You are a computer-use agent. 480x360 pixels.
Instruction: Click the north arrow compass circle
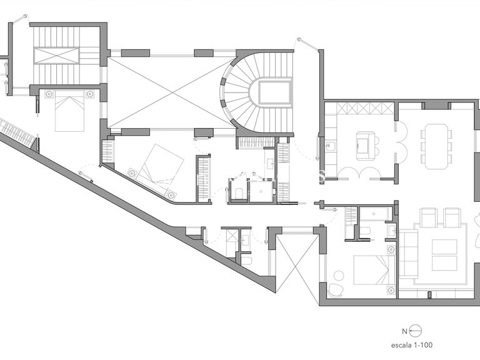[x=416, y=331]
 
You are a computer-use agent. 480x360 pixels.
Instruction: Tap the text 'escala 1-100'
[x=412, y=345]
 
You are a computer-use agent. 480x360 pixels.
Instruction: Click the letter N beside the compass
[x=405, y=331]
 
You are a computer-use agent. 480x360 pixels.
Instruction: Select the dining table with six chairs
[x=436, y=146]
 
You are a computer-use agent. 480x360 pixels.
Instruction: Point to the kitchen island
[x=365, y=146]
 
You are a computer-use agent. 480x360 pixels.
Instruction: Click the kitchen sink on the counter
[x=330, y=146]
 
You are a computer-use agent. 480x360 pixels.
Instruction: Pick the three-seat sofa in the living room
[x=408, y=254]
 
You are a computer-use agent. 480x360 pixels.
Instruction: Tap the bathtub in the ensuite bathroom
[x=375, y=213]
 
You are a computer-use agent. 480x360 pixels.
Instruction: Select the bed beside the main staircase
[x=69, y=111]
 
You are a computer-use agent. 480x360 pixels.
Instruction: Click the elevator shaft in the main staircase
[x=56, y=56]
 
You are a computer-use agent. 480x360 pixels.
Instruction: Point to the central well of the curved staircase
[x=274, y=92]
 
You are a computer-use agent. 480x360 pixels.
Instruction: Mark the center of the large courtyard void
[x=172, y=92]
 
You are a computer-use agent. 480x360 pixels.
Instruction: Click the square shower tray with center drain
[x=261, y=191]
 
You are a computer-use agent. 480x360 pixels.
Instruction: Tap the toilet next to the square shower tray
[x=239, y=193]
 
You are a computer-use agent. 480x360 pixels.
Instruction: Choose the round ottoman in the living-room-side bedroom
[x=339, y=275]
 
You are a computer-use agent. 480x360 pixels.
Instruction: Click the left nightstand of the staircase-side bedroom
[x=49, y=94]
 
